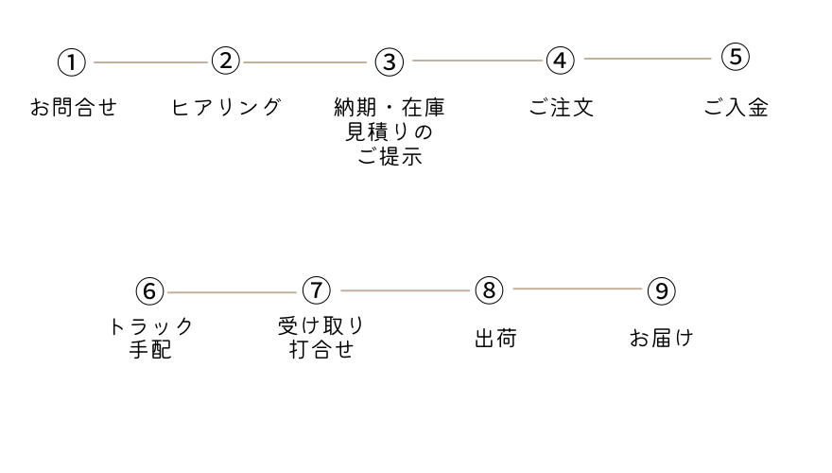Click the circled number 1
coord(71,63)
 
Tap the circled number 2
coord(225,61)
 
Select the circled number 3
coord(389,62)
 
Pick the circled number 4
coord(561,61)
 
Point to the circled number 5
coord(735,57)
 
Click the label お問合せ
coord(74,108)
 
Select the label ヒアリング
coord(227,107)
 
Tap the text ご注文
coord(561,108)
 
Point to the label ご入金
coord(736,108)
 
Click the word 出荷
coord(495,339)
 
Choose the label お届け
coord(661,338)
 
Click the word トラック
coord(151,327)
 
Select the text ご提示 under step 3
coord(390,157)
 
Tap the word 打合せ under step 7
coord(321,349)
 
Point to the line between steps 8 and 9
coord(577,289)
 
